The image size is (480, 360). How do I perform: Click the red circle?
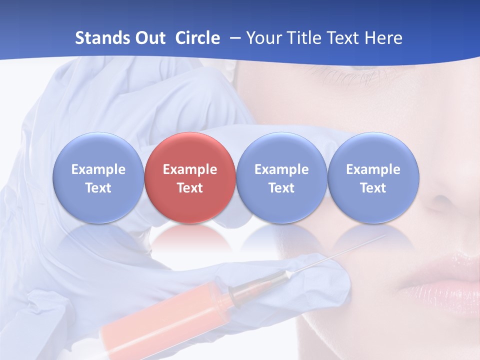pos(190,178)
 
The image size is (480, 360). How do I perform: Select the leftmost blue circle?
pos(98,178)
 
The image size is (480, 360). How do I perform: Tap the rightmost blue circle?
pos(373,178)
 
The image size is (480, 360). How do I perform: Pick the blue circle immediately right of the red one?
pos(281,178)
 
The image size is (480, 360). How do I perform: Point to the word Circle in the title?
pos(197,38)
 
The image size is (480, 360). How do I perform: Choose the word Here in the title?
pos(383,38)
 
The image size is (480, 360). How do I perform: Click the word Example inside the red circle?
pos(190,169)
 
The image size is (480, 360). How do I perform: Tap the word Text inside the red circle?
pos(190,188)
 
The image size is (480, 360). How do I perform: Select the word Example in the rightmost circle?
pos(373,169)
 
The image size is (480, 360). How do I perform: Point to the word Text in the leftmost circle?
pos(98,188)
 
